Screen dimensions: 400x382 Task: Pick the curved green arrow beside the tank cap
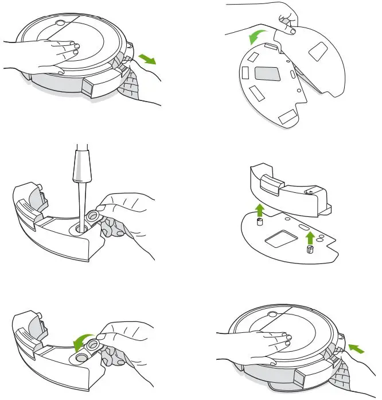pyautogui.click(x=81, y=343)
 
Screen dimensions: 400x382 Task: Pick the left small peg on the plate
pyautogui.click(x=259, y=221)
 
